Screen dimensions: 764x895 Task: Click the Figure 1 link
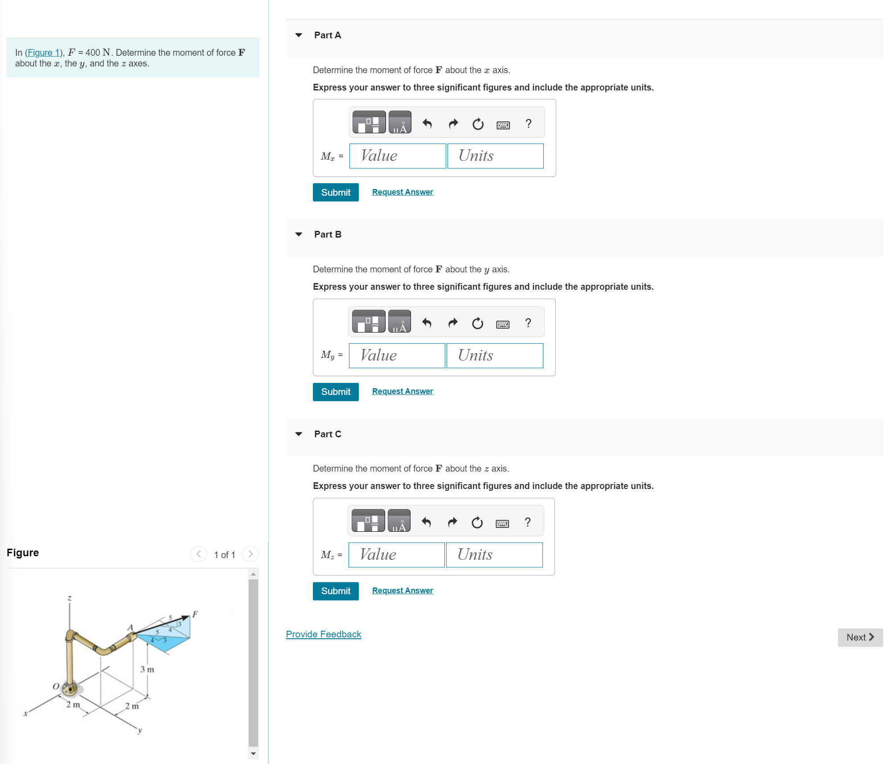coord(43,53)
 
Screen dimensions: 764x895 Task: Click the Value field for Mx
coord(397,156)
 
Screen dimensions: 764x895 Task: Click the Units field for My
coord(494,355)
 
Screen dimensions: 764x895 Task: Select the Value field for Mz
coord(396,555)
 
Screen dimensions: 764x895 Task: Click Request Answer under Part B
coord(402,391)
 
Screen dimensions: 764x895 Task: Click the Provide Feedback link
coord(323,634)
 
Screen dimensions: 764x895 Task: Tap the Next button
coord(859,637)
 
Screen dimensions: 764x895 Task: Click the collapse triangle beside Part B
coord(299,234)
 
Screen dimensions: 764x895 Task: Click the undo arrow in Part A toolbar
coord(427,123)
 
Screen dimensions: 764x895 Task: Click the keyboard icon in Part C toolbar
coord(502,523)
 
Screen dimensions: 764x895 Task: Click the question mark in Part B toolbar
coord(528,323)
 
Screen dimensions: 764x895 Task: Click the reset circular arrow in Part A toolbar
coord(478,123)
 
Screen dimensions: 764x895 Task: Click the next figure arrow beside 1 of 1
coord(250,554)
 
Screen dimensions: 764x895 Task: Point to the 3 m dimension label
coord(147,670)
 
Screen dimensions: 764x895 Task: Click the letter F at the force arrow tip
coord(195,614)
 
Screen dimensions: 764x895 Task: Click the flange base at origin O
coord(70,689)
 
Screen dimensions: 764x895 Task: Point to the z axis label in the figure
coord(70,598)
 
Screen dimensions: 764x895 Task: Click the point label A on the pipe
coord(130,628)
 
